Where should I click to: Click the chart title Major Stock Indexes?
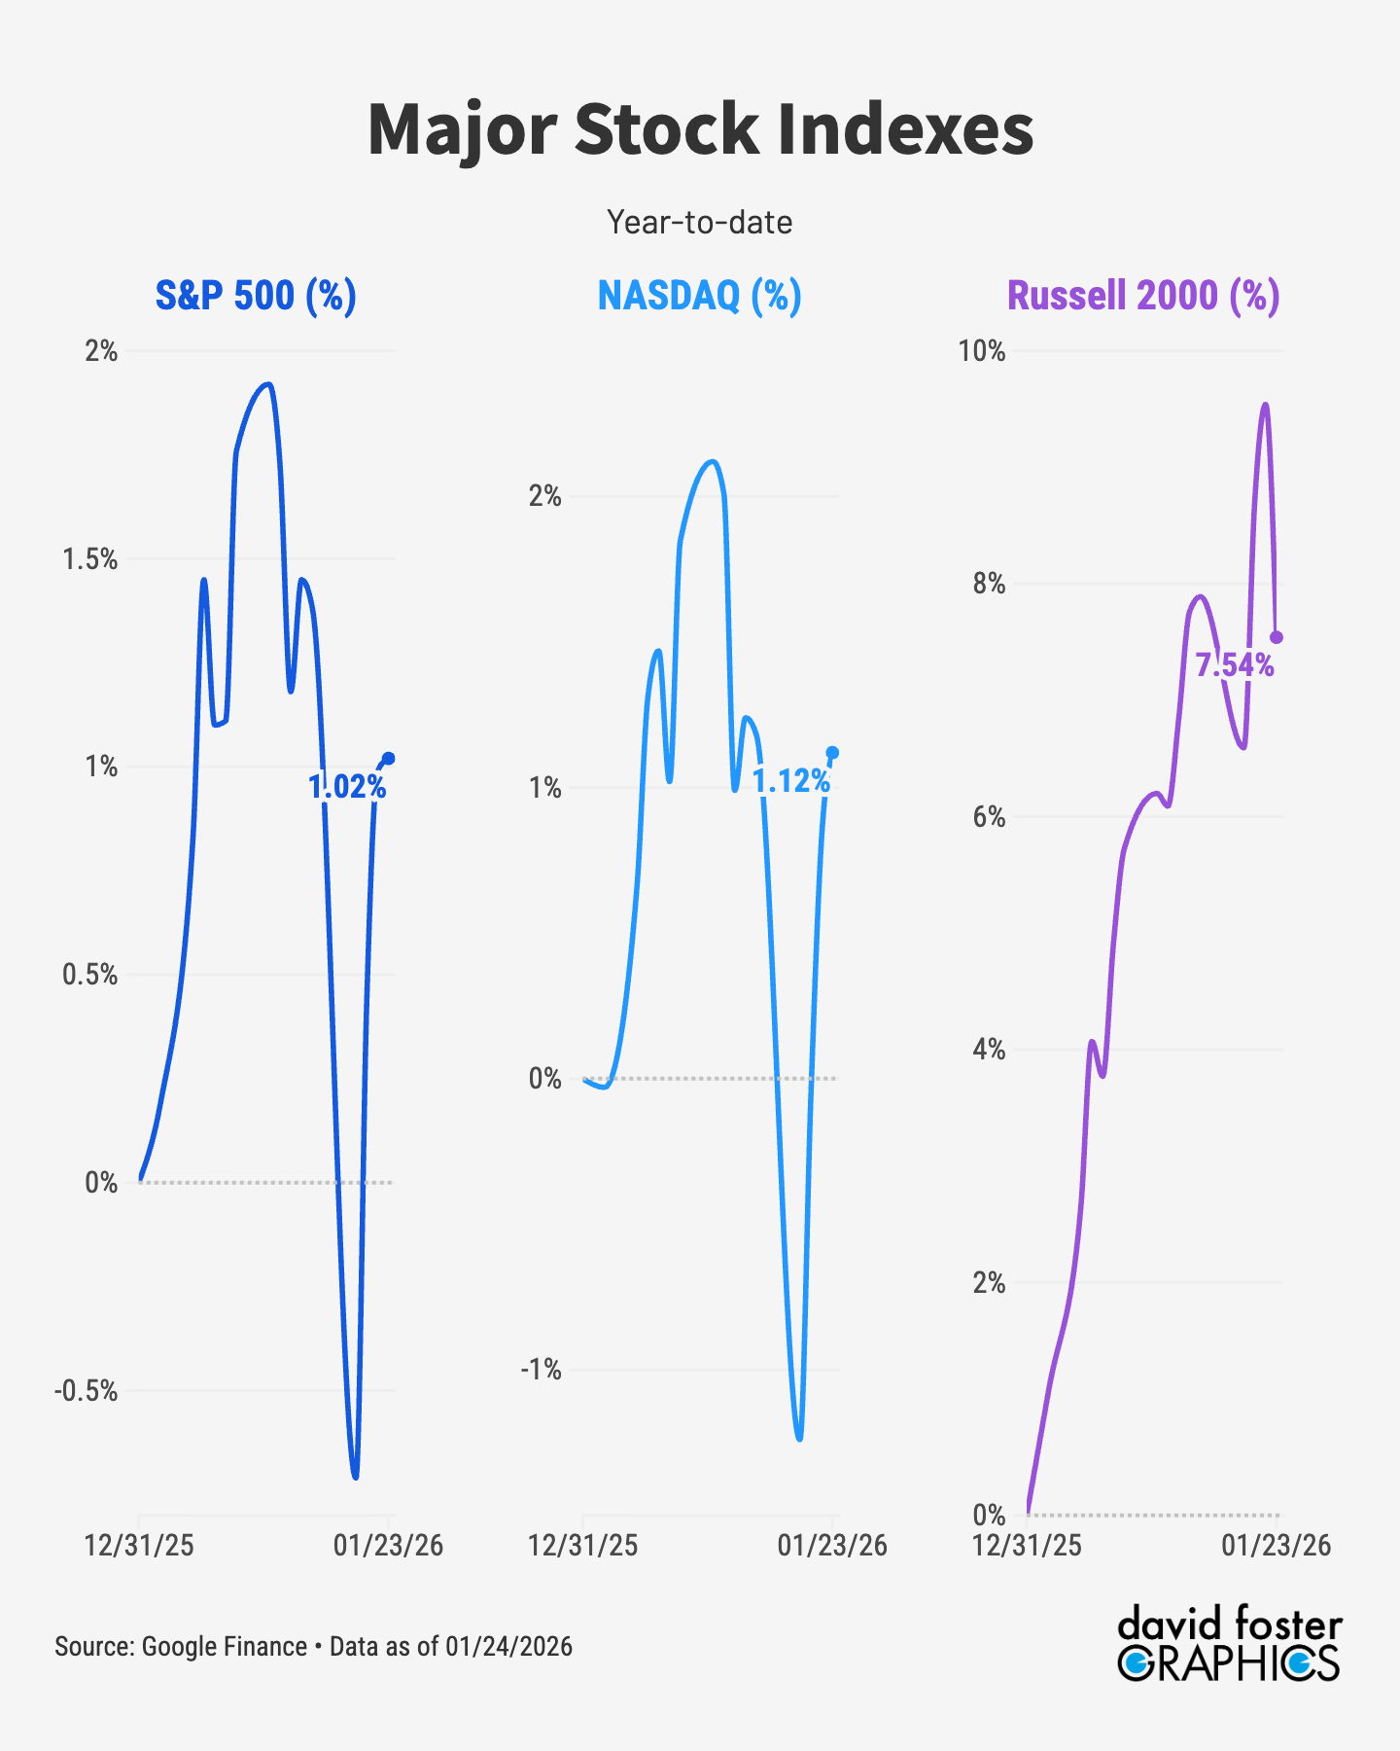pyautogui.click(x=700, y=129)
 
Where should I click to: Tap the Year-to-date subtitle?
pyautogui.click(x=700, y=223)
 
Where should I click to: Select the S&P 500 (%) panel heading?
pyautogui.click(x=256, y=295)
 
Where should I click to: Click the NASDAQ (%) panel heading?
pyautogui.click(x=700, y=295)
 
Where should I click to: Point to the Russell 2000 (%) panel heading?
pyautogui.click(x=1143, y=295)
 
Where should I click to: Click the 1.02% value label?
pyautogui.click(x=347, y=787)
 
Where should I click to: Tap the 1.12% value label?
pyautogui.click(x=791, y=780)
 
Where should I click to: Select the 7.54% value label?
pyautogui.click(x=1235, y=665)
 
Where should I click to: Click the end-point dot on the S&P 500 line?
pyautogui.click(x=389, y=759)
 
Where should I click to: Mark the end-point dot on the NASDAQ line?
pyautogui.click(x=832, y=752)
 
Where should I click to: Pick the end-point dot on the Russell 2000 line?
pyautogui.click(x=1277, y=637)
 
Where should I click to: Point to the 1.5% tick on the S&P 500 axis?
pyautogui.click(x=90, y=559)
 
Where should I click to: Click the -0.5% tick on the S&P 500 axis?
pyautogui.click(x=86, y=1391)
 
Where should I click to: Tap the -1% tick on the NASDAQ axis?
pyautogui.click(x=542, y=1370)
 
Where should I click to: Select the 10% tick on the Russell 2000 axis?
pyautogui.click(x=982, y=351)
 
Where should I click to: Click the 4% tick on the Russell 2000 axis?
pyautogui.click(x=989, y=1050)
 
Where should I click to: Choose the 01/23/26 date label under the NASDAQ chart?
pyautogui.click(x=832, y=1546)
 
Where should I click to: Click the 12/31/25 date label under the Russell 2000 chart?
pyautogui.click(x=1028, y=1546)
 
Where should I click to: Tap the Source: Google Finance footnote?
pyautogui.click(x=313, y=1646)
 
